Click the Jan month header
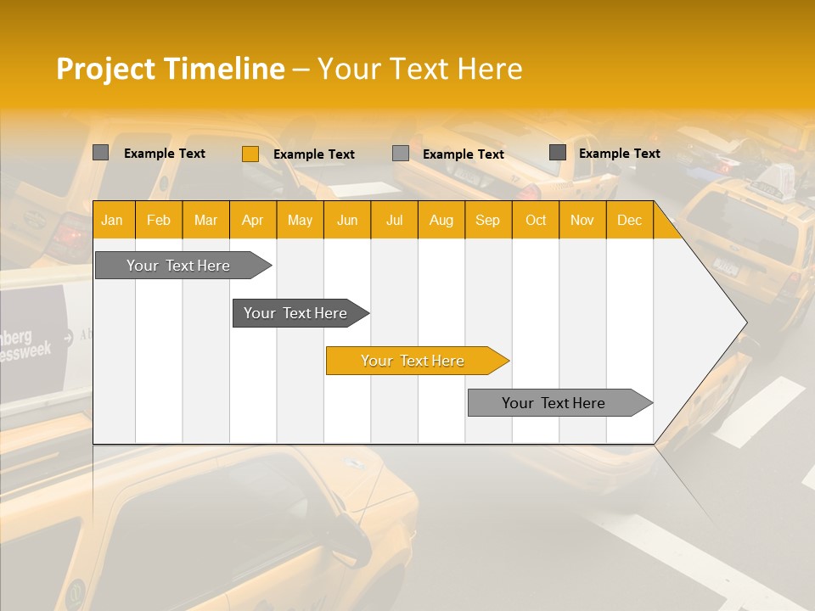[x=112, y=221]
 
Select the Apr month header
[x=252, y=221]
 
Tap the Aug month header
[x=441, y=221]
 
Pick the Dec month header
[x=629, y=221]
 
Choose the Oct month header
[x=535, y=221]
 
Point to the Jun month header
[x=346, y=221]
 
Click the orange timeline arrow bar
[x=416, y=361]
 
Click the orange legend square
[x=250, y=154]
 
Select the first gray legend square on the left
[x=100, y=153]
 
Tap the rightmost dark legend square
[x=557, y=152]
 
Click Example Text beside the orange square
[x=313, y=154]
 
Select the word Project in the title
[x=106, y=69]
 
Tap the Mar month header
[x=205, y=221]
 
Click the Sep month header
[x=487, y=221]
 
